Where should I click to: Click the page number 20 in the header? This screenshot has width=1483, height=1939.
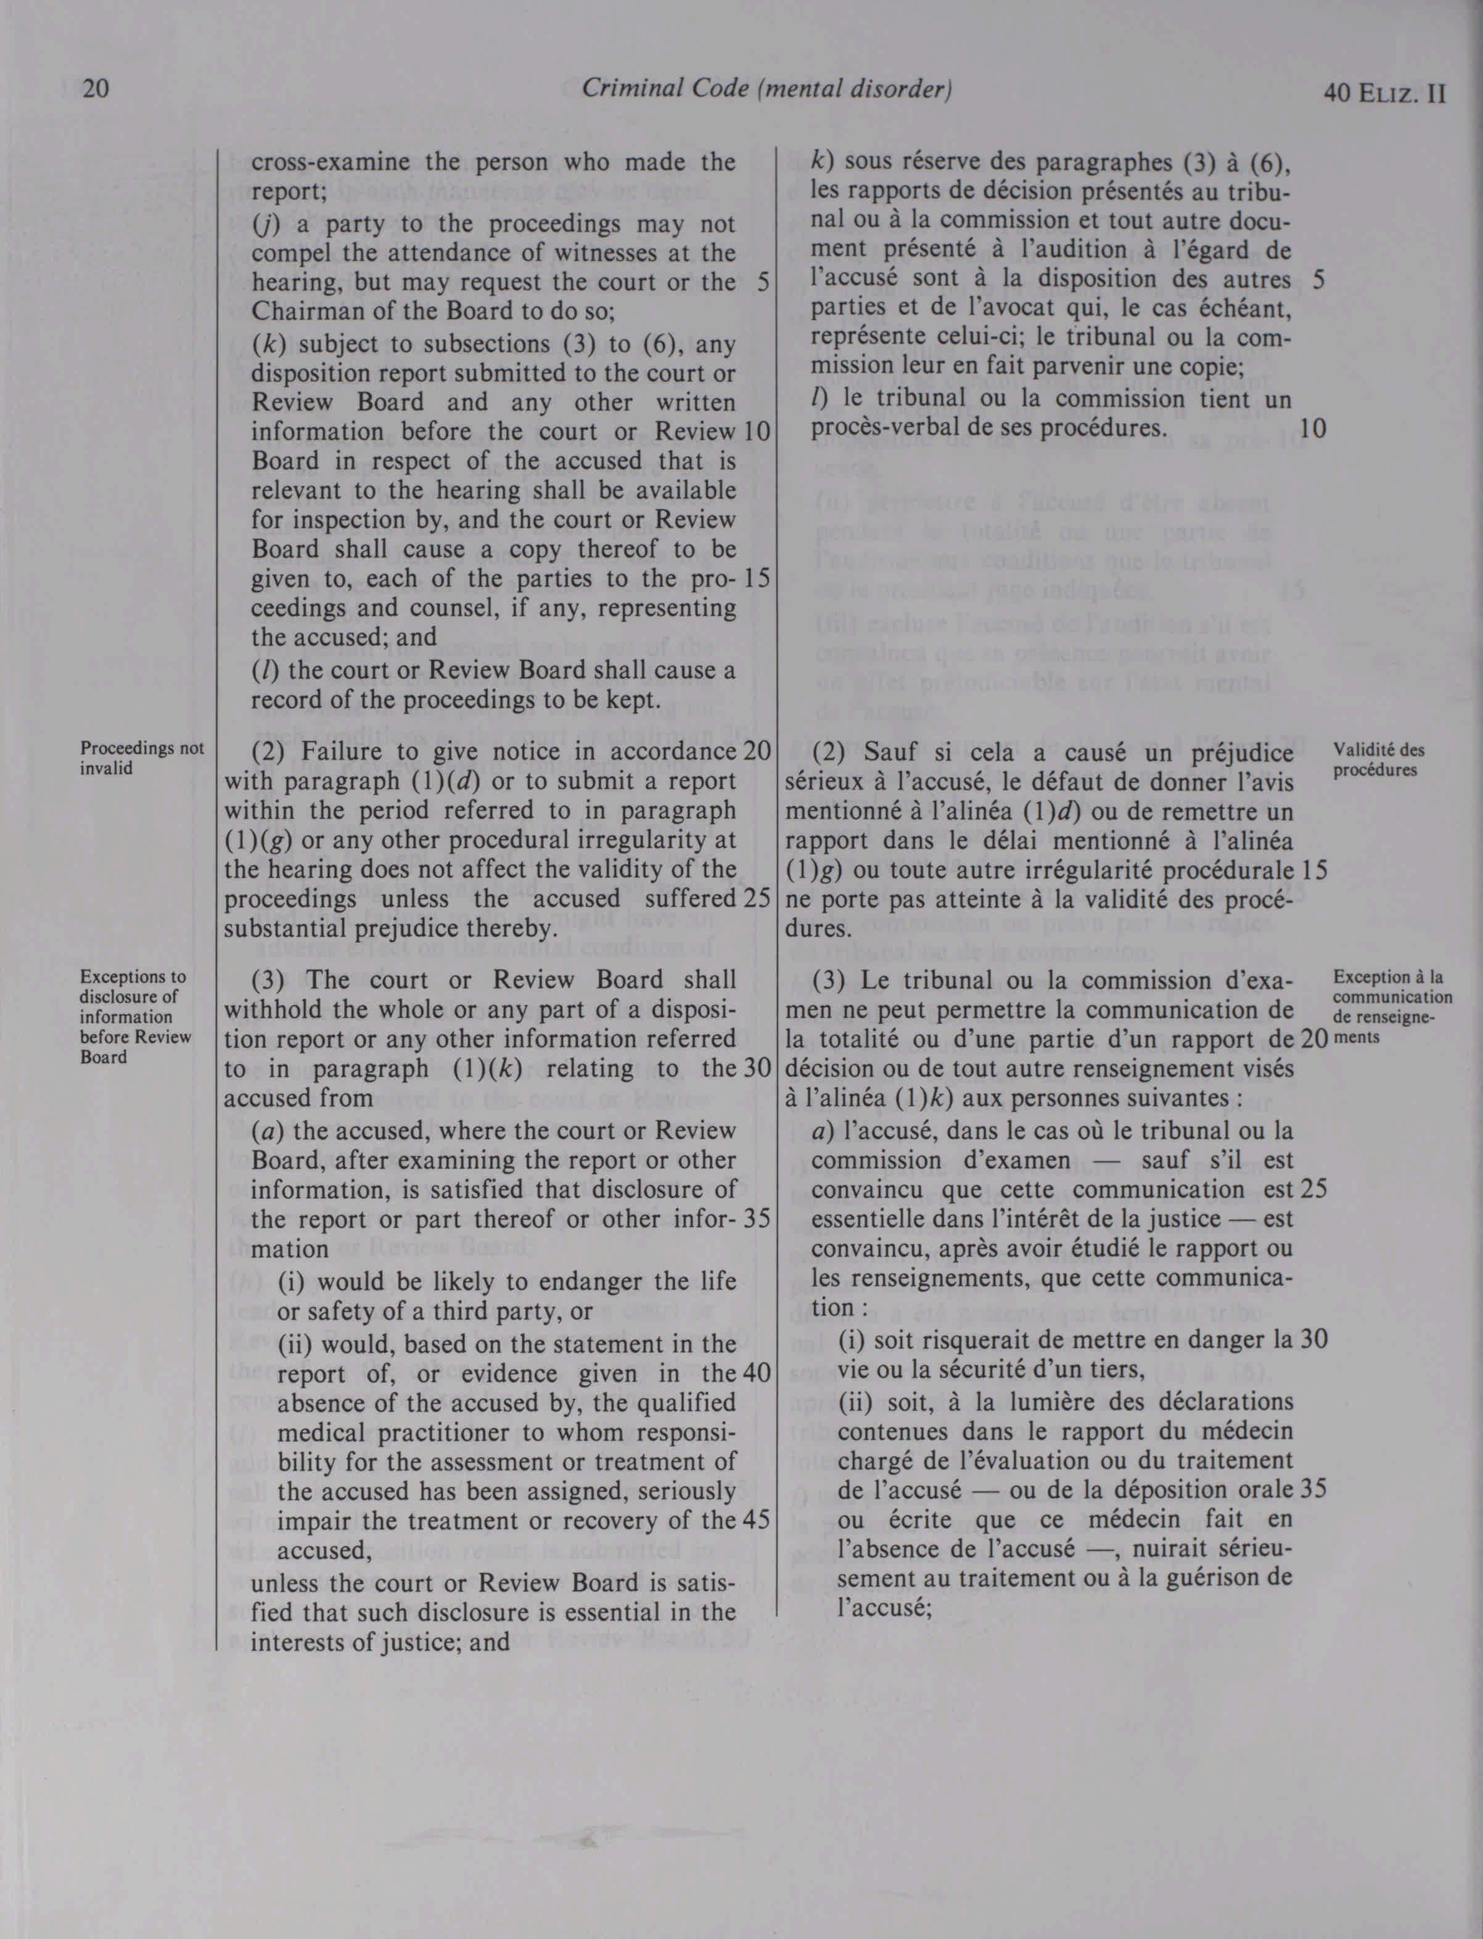coord(94,90)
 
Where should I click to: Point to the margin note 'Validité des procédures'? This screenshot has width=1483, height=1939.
coord(1379,759)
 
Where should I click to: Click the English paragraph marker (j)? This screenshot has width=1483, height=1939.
coord(264,224)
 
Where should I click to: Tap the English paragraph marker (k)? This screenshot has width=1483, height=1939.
coord(266,344)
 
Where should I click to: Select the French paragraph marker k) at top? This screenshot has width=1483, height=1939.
coord(824,162)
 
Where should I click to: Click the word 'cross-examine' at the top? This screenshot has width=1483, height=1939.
coord(330,162)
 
